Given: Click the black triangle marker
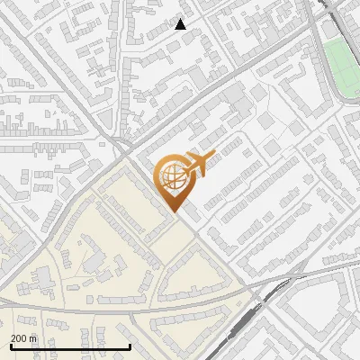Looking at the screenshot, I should tap(181, 24).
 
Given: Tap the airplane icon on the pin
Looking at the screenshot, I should tap(196, 165).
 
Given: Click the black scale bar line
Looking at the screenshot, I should tap(70, 346).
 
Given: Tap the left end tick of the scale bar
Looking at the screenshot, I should tap(10, 345).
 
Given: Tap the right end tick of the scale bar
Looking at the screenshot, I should tap(130, 345).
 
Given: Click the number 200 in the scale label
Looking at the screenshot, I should tap(20, 338).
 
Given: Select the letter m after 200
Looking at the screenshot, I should tap(33, 338).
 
